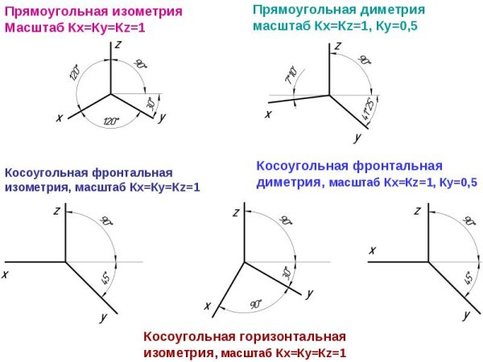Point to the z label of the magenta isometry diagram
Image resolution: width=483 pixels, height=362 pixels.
118,47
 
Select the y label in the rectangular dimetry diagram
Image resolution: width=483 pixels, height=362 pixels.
357,138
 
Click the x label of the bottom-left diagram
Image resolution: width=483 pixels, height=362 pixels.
6,274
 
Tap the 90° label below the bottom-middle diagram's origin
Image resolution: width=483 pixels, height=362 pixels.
255,304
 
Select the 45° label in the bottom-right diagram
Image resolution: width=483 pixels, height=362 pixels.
469,279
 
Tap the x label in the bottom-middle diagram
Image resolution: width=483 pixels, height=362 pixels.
208,306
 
